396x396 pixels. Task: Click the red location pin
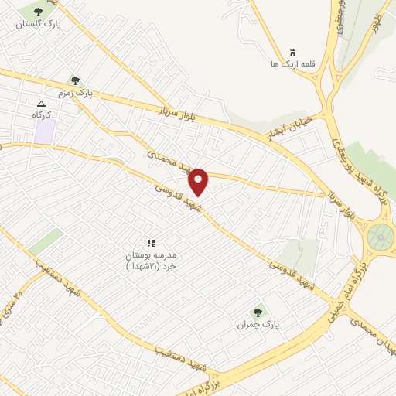coord(200,181)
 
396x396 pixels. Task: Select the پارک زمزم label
coord(74,93)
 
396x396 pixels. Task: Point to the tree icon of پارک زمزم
coord(75,80)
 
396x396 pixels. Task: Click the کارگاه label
coord(42,114)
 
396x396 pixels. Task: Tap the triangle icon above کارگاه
coord(41,103)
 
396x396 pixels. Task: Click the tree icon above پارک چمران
coord(257,312)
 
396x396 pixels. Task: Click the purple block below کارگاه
coord(44,131)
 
